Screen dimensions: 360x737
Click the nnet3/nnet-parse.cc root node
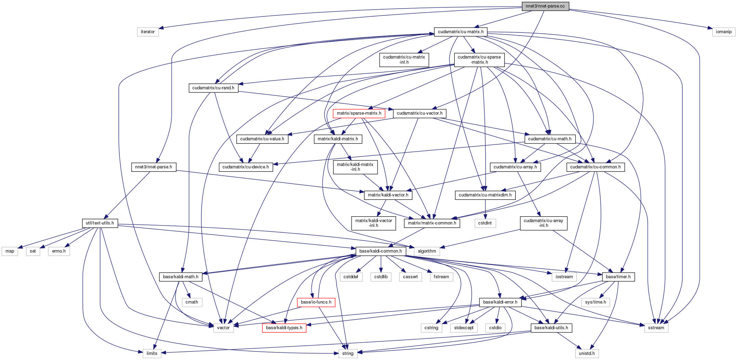[x=545, y=6]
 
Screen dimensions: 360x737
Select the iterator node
[x=148, y=32]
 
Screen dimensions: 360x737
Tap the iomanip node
[x=724, y=32]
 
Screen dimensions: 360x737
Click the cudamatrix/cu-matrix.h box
[x=460, y=32]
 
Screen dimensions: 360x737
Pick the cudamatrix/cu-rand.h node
[x=213, y=88]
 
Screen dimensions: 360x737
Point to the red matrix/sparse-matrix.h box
[x=359, y=113]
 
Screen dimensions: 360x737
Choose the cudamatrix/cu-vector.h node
[x=419, y=113]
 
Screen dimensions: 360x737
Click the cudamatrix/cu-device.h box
[x=246, y=167]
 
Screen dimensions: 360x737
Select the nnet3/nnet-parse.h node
[x=154, y=167]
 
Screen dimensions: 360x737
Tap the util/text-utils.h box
[x=100, y=223]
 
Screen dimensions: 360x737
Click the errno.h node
[x=59, y=251]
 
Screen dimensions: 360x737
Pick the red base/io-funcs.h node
[x=316, y=302]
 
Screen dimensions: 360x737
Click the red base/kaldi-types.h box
[x=284, y=328]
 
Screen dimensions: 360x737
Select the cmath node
[x=192, y=302]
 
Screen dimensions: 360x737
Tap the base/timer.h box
[x=618, y=277]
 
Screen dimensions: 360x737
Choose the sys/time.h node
[x=595, y=302]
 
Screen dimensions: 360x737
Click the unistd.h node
[x=587, y=353]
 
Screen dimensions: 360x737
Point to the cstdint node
[x=485, y=223]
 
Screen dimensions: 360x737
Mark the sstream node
[x=656, y=328]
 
